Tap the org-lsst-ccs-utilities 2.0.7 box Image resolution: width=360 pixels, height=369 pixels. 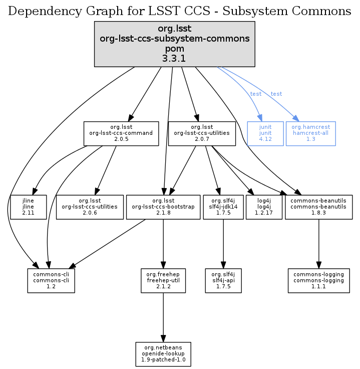coord(202,133)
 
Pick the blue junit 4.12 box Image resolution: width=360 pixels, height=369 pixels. coord(265,133)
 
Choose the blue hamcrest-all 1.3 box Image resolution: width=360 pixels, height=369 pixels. coord(310,133)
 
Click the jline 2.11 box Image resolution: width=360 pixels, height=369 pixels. coord(28,206)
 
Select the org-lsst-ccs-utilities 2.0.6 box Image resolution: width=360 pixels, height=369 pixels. coord(90,206)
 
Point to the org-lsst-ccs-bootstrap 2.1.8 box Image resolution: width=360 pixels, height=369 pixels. coord(163,206)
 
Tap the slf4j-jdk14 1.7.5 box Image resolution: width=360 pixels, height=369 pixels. coord(223,206)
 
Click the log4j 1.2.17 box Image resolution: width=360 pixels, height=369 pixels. coord(263,206)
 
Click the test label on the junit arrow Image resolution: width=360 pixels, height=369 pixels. coord(255,94)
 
